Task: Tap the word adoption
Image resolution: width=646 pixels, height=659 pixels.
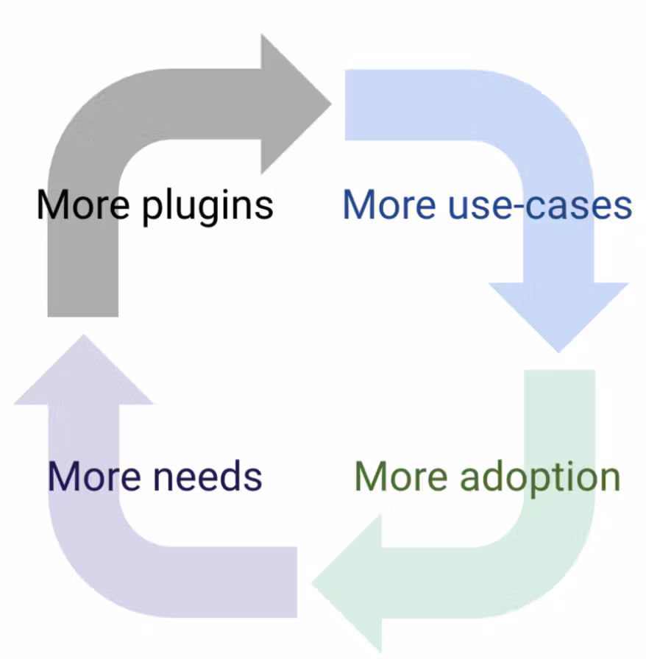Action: tap(540, 477)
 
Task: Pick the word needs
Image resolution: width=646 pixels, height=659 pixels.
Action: tap(209, 476)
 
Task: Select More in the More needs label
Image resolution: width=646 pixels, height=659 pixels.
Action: tap(93, 476)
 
